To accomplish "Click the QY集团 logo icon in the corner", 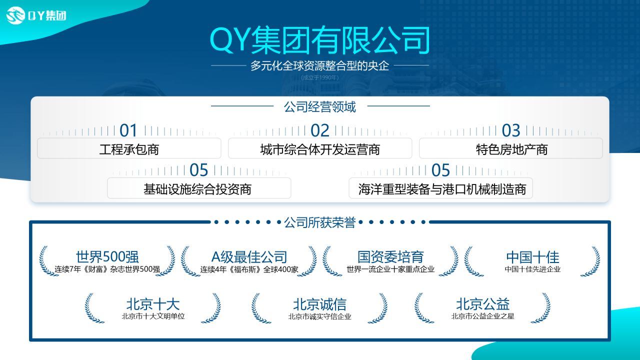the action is (15, 15).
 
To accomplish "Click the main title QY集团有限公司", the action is (319, 40).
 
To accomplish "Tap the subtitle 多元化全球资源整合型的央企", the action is (319, 65).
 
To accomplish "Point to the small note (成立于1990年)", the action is (319, 77).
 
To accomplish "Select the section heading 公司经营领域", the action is (319, 107).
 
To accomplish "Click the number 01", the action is (128, 130).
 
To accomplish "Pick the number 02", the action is (320, 130).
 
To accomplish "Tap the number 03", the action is (511, 130).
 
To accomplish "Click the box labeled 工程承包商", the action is (129, 148).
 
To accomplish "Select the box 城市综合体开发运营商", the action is (320, 148).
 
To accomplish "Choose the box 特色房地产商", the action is (511, 148).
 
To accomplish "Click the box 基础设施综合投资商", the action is (199, 188).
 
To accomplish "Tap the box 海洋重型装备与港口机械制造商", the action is (441, 188).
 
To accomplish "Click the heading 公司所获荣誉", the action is (319, 222).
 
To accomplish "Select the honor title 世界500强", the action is (107, 257).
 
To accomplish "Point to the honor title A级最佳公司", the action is (249, 257).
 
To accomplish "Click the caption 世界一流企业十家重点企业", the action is (390, 269).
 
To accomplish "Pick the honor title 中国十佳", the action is (533, 257).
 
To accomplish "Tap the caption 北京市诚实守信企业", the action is (319, 316).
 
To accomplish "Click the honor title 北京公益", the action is (483, 304).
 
